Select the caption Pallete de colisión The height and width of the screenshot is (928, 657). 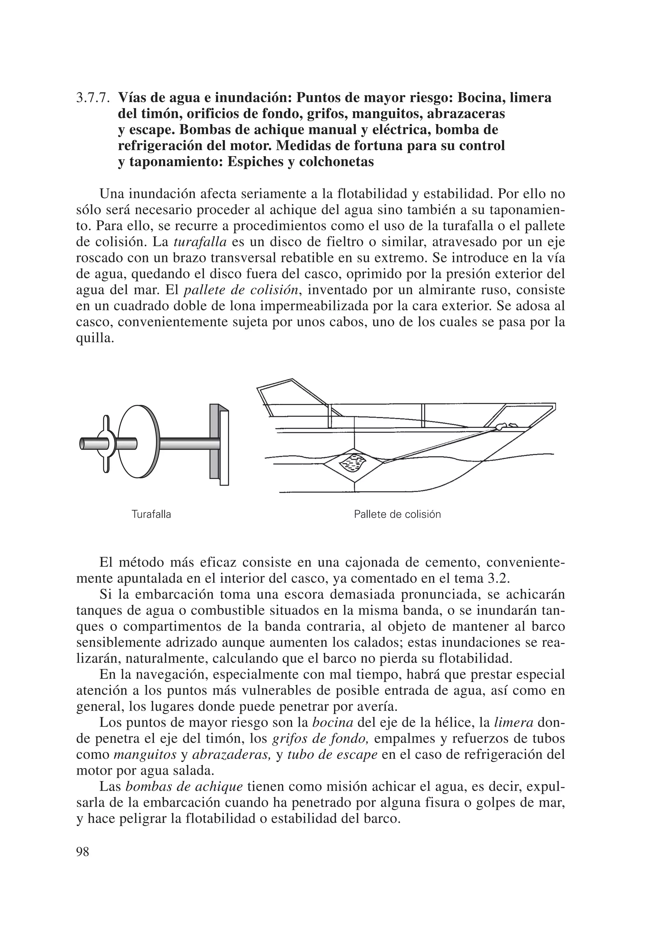397,514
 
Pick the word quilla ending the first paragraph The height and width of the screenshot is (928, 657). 94,339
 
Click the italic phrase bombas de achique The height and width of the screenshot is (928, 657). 184,787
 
